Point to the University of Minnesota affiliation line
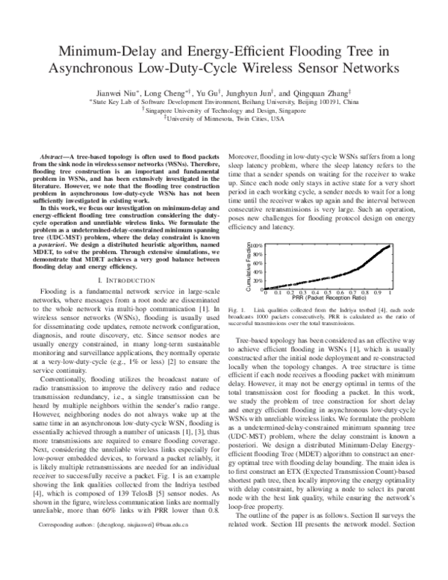click(x=225, y=118)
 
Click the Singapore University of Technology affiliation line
click(x=225, y=109)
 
